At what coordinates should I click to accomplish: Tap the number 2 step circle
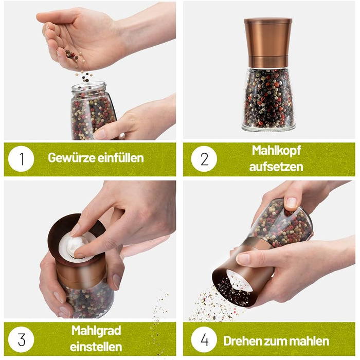pos(204,159)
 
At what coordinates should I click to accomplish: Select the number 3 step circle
pos(21,339)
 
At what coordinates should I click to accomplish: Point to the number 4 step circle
pos(204,339)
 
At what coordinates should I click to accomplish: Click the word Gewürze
pos(71,158)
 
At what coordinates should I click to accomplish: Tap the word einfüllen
pos(120,158)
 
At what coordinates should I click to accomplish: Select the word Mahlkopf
pos(276,151)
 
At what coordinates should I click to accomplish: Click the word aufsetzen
pos(276,167)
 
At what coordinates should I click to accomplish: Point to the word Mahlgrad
pos(96,331)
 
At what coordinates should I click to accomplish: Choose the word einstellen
pos(96,347)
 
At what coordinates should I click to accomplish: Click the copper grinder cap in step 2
pos(268,43)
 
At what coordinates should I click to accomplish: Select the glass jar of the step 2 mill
pos(268,99)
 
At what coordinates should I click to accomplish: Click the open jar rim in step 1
pos(89,87)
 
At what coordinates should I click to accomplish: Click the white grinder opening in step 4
pos(239,281)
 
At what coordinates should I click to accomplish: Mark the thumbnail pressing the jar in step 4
pos(292,203)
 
